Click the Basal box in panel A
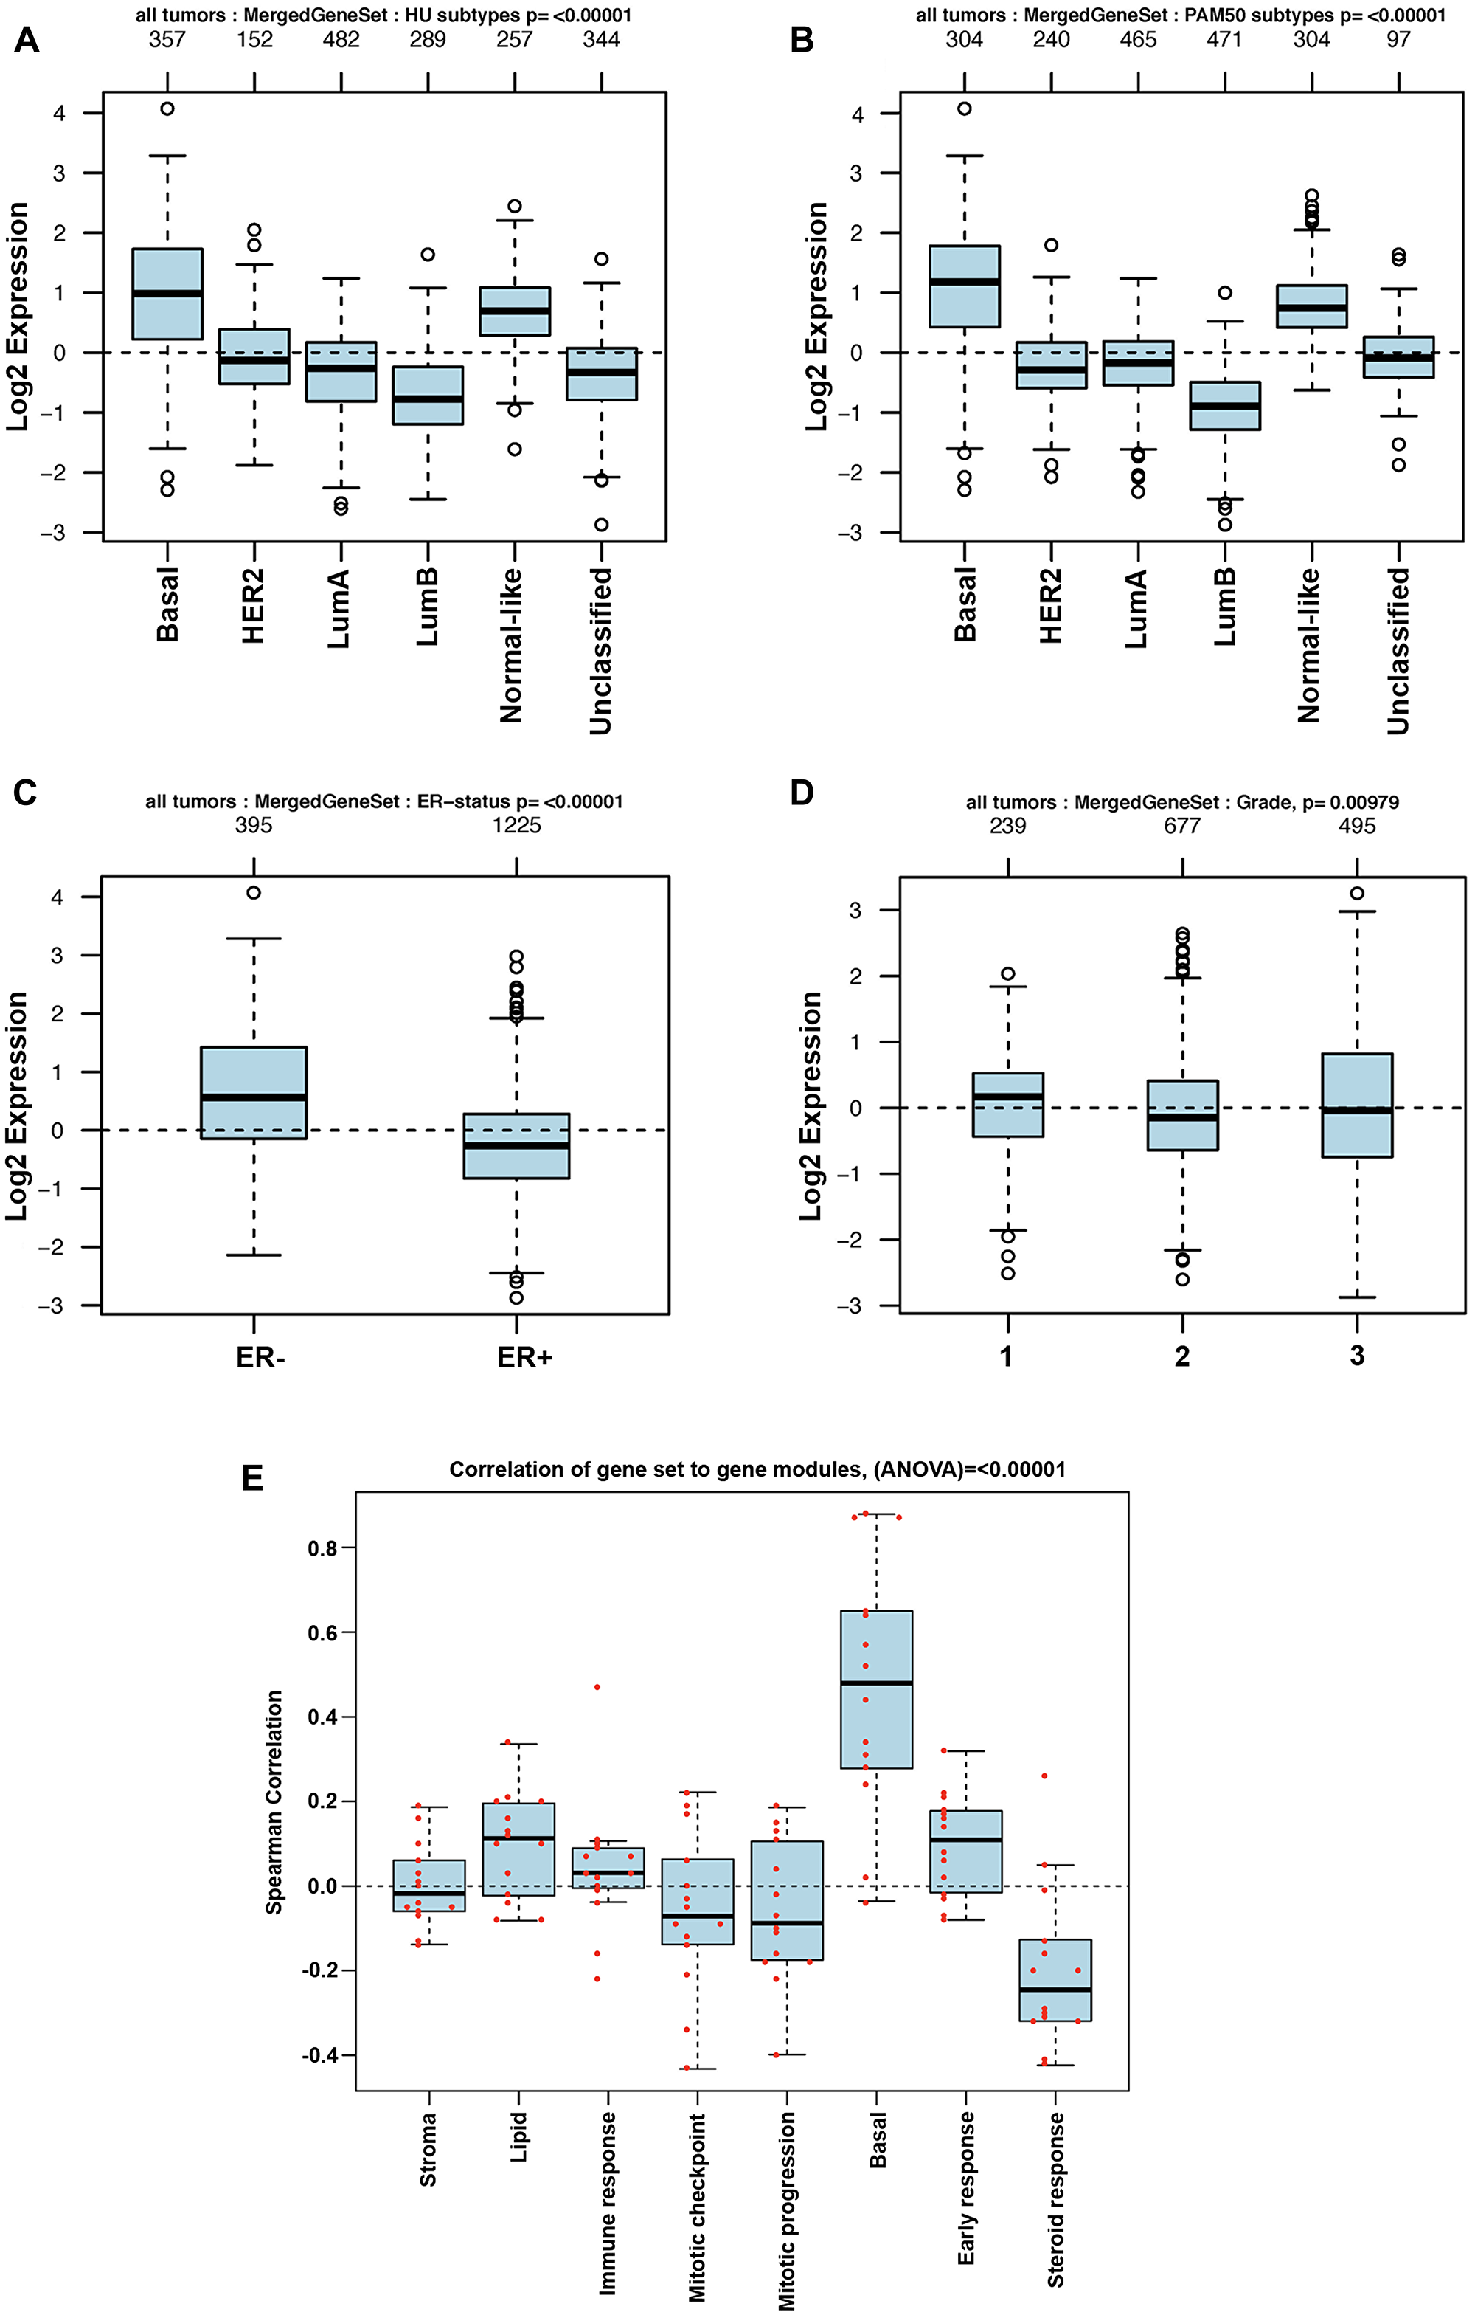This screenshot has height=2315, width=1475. pyautogui.click(x=167, y=293)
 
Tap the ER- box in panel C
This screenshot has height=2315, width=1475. pyautogui.click(x=254, y=1092)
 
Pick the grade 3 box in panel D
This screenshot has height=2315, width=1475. pyautogui.click(x=1357, y=1105)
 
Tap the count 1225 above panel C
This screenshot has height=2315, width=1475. pyautogui.click(x=517, y=825)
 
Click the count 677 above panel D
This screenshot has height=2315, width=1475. pyautogui.click(x=1182, y=826)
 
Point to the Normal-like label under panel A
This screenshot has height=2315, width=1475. pyautogui.click(x=511, y=645)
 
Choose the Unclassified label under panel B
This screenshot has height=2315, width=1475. pyautogui.click(x=1398, y=651)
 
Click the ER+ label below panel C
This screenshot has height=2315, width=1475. pyautogui.click(x=524, y=1357)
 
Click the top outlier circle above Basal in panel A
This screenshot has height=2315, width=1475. pyautogui.click(x=167, y=108)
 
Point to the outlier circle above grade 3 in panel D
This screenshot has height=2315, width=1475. pyautogui.click(x=1357, y=893)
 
